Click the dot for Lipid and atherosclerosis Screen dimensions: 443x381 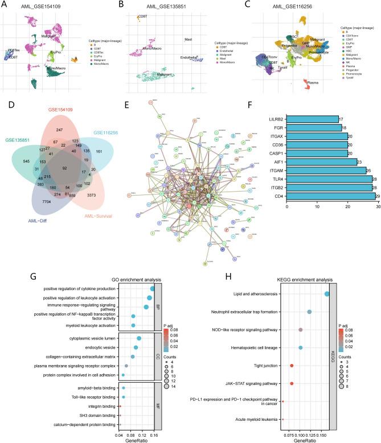[327, 293]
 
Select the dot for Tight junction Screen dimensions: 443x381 [292, 366]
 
